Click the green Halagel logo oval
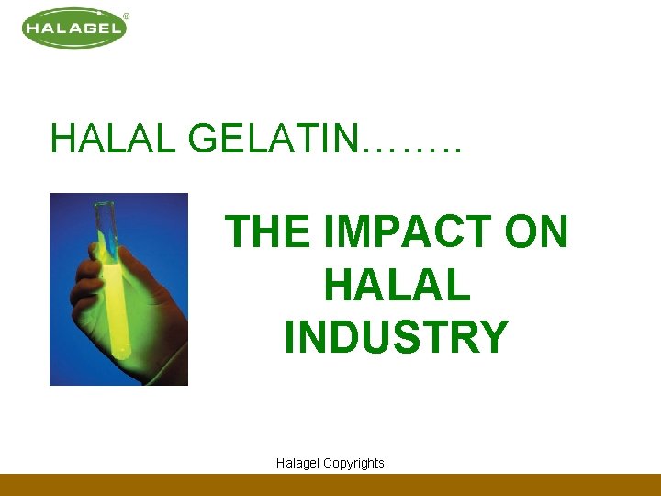73,28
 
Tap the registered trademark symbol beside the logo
126,16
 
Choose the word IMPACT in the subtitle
403,231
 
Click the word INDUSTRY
396,336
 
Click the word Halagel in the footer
297,463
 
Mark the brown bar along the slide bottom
330,485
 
